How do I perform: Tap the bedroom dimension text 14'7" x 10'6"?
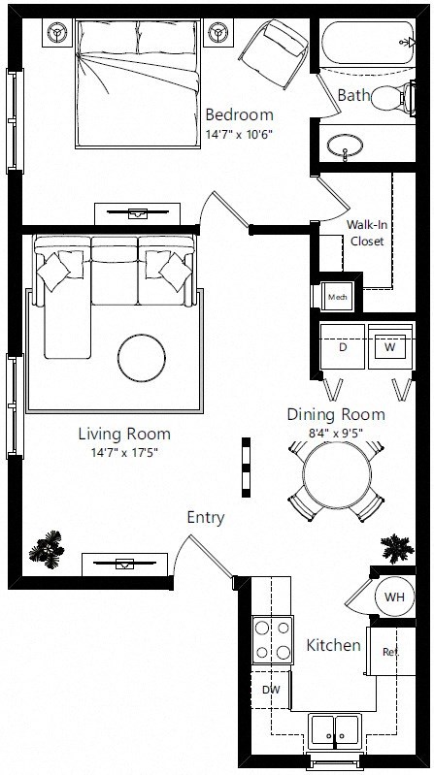coord(237,134)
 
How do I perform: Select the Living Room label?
coord(130,434)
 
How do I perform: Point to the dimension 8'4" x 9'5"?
coord(335,434)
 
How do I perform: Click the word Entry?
coord(205,518)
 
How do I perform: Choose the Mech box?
coord(337,296)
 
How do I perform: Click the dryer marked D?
coord(342,346)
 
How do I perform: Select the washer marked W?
coord(390,346)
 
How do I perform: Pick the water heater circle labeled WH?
coord(394,597)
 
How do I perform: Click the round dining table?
coord(336,475)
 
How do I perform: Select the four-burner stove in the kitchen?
coord(272,640)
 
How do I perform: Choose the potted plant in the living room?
coord(46,550)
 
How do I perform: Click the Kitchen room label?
coord(334,645)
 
